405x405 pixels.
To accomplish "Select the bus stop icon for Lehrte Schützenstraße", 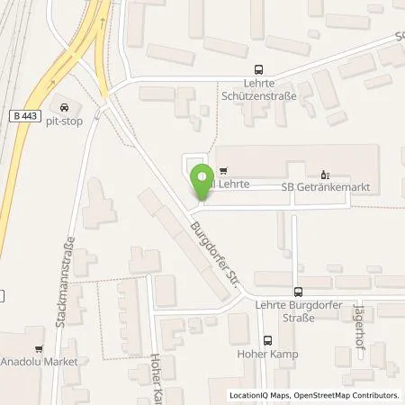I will click(260, 67).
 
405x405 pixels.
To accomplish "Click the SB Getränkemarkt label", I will click(326, 185).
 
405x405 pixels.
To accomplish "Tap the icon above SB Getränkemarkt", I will click(326, 171).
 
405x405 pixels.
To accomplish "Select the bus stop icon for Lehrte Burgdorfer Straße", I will click(297, 292).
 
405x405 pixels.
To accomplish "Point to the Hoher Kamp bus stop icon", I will click(267, 341).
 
